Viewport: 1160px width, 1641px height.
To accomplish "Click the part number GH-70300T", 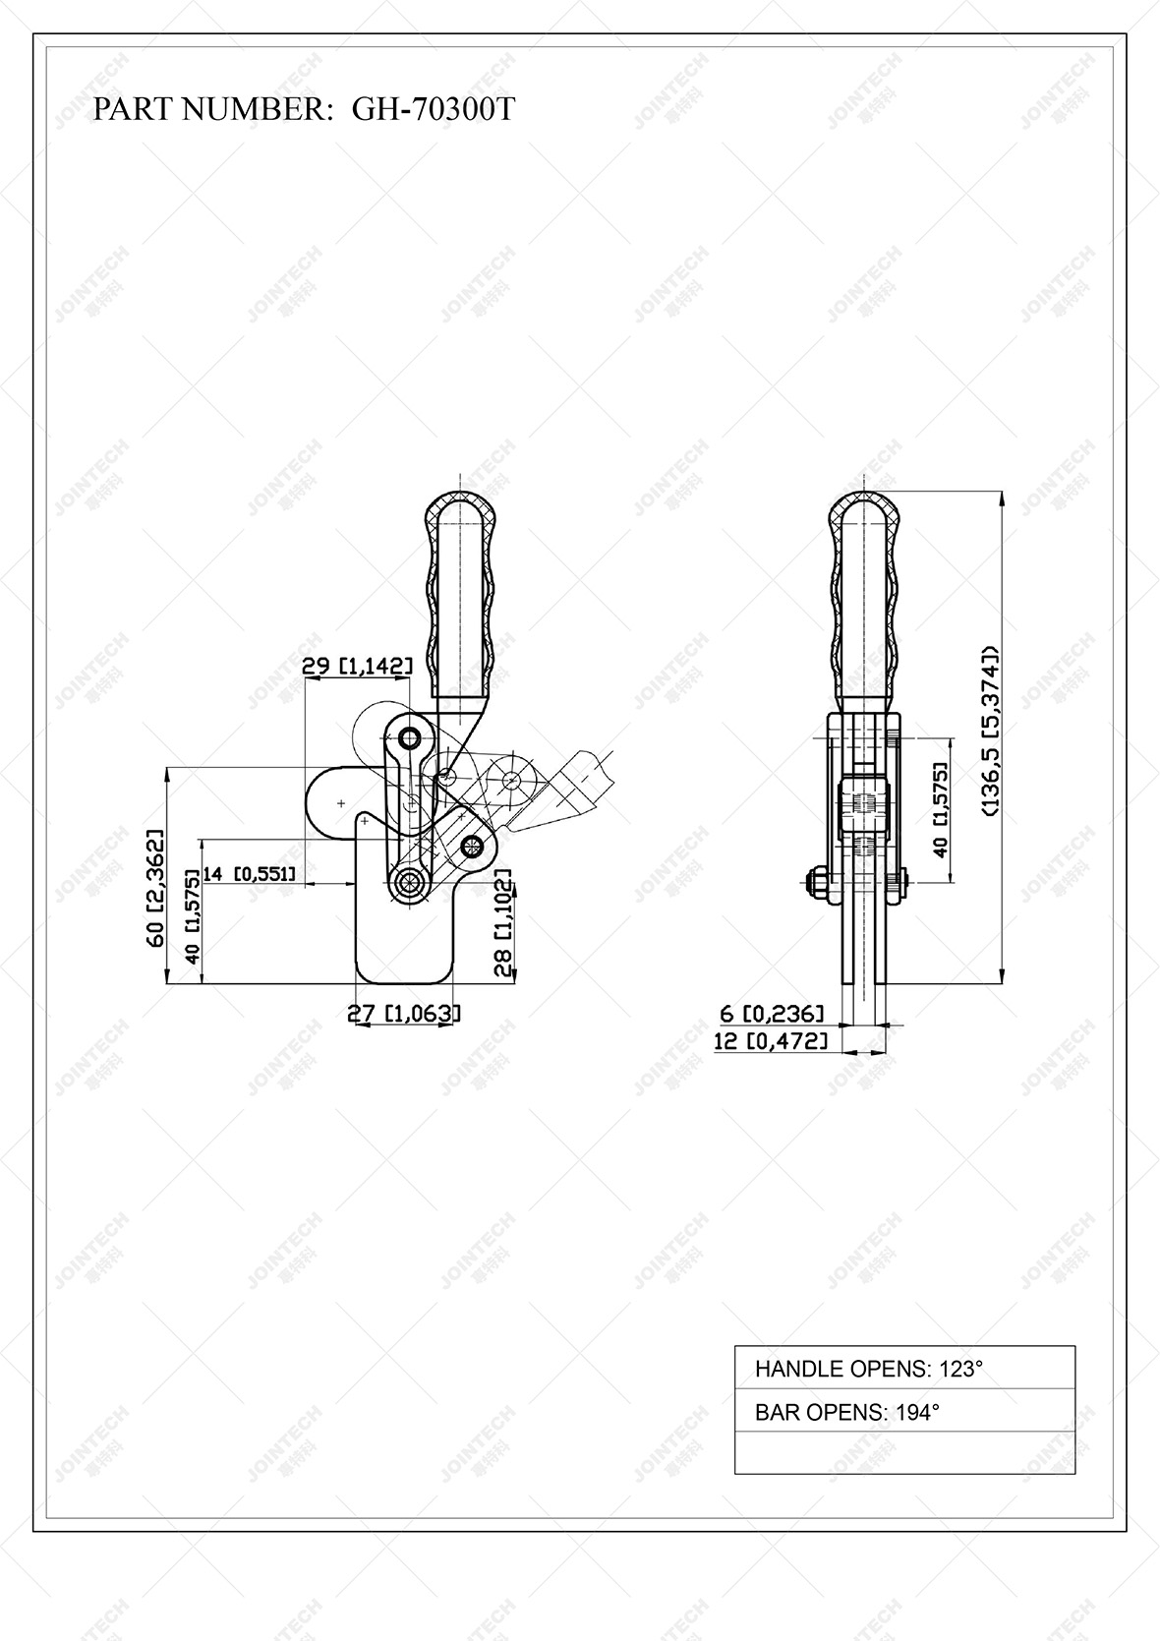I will (433, 109).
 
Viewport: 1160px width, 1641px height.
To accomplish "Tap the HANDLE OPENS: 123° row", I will (904, 1368).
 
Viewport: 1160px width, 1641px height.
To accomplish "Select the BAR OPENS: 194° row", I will (904, 1412).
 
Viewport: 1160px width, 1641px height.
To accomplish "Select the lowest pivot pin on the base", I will (407, 881).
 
